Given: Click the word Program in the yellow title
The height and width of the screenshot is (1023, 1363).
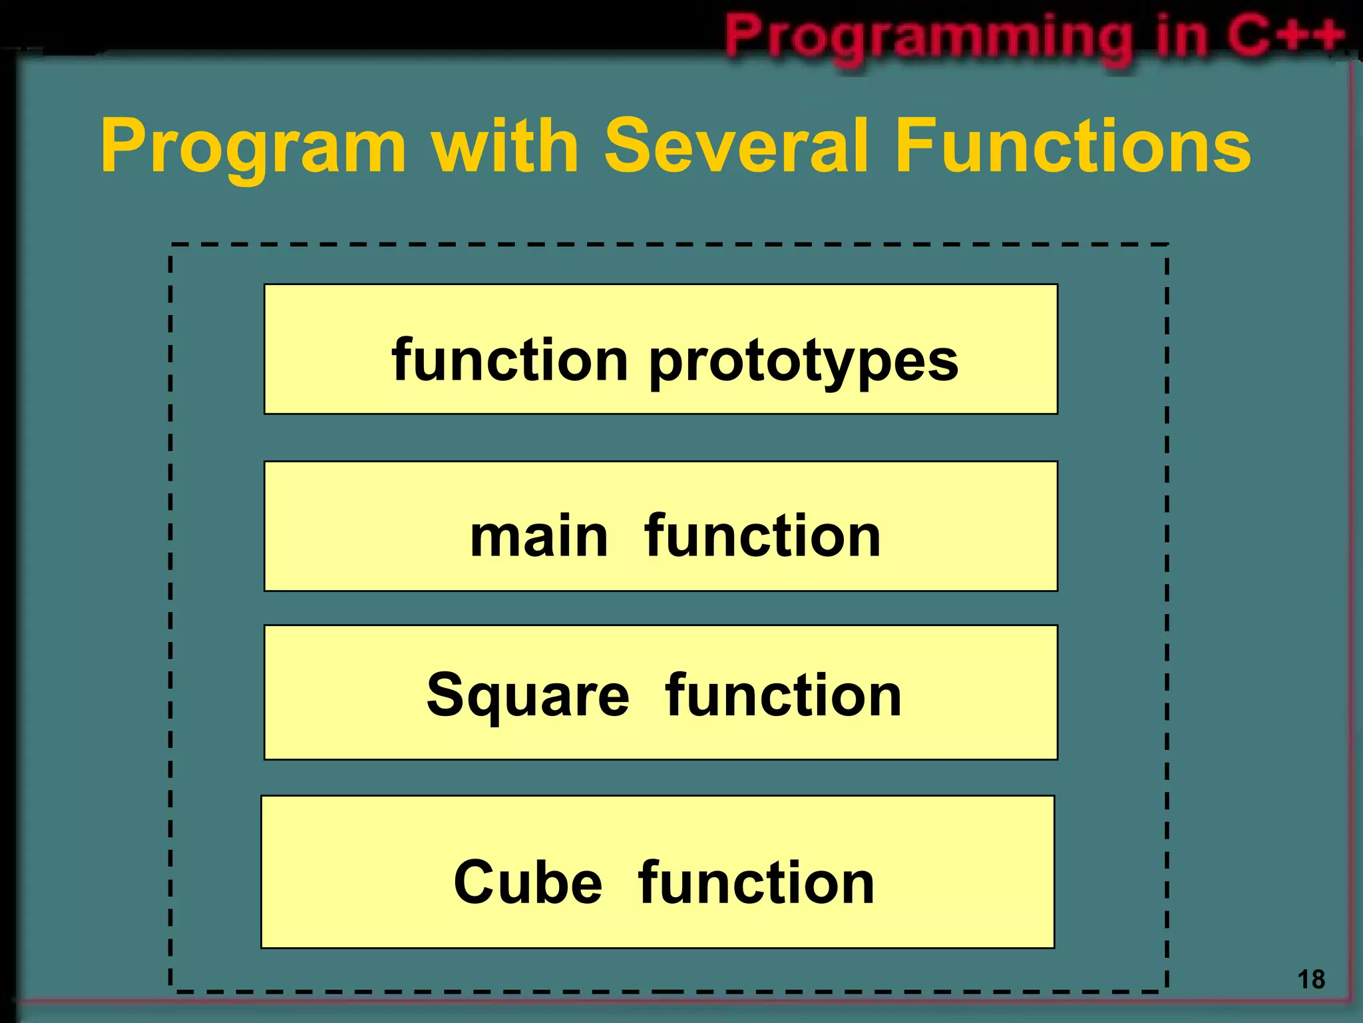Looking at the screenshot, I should tap(254, 147).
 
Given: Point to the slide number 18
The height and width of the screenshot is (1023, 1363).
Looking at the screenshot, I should tap(1310, 980).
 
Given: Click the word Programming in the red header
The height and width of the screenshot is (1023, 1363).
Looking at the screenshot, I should tap(929, 37).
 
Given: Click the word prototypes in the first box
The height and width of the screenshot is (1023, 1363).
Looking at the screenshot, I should tap(803, 362).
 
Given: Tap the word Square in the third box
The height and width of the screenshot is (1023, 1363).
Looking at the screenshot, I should tap(528, 697).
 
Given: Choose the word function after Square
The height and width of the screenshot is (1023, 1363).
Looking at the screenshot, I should tap(783, 695).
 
